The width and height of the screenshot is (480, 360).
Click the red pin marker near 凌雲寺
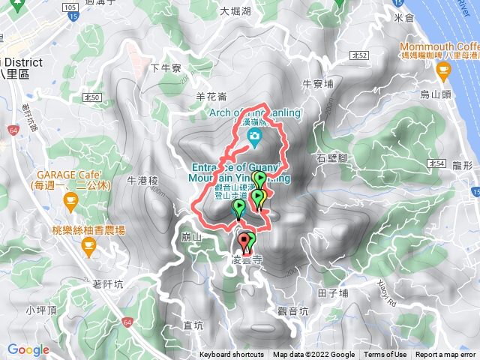coord(244,241)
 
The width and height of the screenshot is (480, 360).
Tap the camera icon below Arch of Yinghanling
coord(256,136)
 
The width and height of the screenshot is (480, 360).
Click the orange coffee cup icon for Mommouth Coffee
coord(443,72)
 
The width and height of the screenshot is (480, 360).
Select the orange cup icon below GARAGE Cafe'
coord(70,199)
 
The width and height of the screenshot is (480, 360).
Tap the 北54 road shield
coord(436,163)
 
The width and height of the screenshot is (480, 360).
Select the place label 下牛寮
coord(166,68)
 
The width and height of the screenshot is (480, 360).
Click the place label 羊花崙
coord(211,96)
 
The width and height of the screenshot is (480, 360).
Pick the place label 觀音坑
coord(292,310)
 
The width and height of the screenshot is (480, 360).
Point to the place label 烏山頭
coord(435,94)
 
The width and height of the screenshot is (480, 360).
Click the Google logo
coord(28,349)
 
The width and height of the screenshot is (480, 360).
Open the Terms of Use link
coord(385,355)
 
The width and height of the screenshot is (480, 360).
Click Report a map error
coord(446,355)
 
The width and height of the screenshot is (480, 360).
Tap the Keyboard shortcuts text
coord(231,355)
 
